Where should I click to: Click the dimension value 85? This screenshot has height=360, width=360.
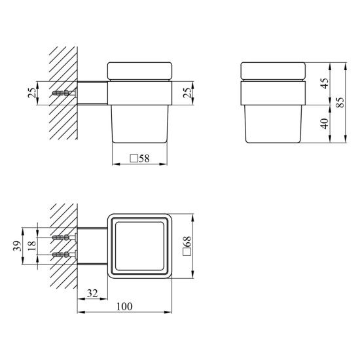(341, 102)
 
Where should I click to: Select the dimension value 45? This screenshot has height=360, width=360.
(325, 83)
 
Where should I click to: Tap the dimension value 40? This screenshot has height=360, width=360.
(325, 124)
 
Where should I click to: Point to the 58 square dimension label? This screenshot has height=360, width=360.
(139, 158)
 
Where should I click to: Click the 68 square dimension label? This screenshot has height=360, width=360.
(187, 245)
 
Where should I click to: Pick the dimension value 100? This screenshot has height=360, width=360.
(124, 306)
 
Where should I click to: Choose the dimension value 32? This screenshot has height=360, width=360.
(92, 293)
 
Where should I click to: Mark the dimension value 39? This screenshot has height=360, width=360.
(18, 246)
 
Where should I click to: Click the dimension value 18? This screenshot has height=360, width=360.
(32, 245)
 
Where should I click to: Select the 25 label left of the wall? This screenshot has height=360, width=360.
(32, 93)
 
